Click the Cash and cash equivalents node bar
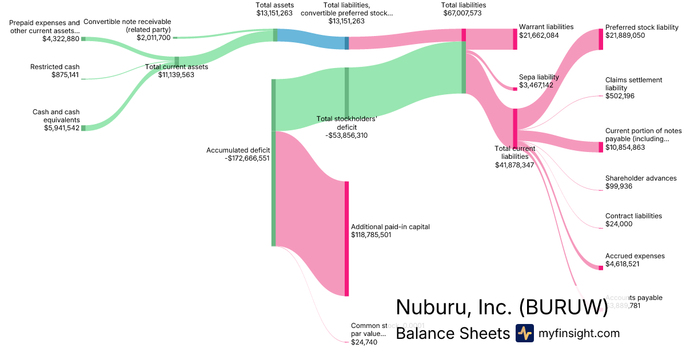pos(83,128)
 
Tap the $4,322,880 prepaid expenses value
pos(61,39)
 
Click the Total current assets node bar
pos(177,62)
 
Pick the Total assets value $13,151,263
pos(275,13)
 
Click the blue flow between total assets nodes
pos(312,39)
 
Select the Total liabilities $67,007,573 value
pos(464,13)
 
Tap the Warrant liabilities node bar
pos(514,39)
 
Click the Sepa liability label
pos(539,77)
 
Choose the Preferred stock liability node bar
pos(600,39)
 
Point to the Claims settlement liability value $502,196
pos(620,96)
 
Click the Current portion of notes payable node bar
pos(600,147)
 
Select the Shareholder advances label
pos(641,178)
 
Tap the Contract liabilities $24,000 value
pos(619,224)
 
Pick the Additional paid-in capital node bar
pos(346,238)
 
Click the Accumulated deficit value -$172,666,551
pos(247,158)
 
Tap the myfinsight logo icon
pos(524,333)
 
